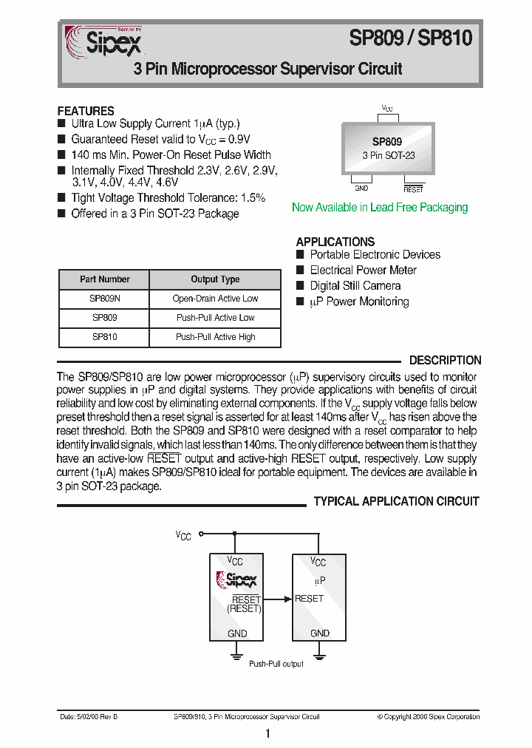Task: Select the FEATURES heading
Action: point(86,111)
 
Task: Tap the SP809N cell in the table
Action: point(104,299)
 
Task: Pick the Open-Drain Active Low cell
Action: point(215,299)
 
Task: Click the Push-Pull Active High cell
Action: point(215,337)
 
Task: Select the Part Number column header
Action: point(104,279)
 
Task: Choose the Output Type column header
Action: point(215,279)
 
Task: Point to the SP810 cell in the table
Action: point(104,337)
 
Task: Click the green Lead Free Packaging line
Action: point(380,208)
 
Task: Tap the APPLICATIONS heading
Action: point(335,242)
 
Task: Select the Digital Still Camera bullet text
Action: point(355,286)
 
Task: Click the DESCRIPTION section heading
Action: point(445,361)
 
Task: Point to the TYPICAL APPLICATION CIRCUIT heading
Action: point(396,502)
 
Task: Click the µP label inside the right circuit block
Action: point(319,582)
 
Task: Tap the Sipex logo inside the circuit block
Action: point(236,580)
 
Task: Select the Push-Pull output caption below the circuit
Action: point(276,664)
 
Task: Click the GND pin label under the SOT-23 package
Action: point(361,188)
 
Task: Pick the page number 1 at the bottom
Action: point(267,733)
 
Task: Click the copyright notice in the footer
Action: point(428,716)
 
